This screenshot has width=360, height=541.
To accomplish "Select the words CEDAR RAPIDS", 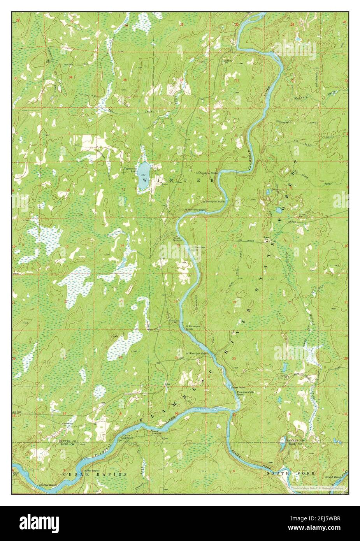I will coord(95,475).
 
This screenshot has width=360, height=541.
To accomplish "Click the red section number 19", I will coord(235,302).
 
